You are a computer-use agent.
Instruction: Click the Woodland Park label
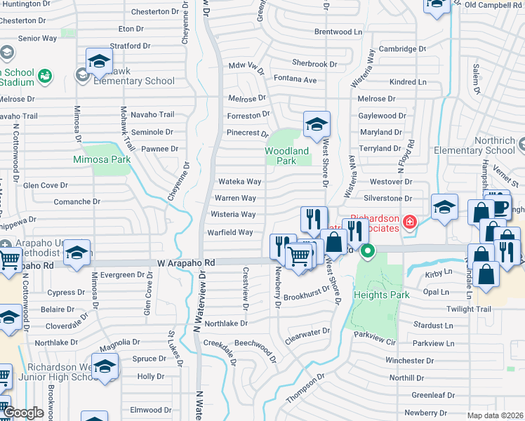[x=286, y=155]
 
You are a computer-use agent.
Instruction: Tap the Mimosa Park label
[x=102, y=159]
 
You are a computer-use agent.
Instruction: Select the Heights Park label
[x=382, y=295]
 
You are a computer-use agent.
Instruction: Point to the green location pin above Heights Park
[x=366, y=250]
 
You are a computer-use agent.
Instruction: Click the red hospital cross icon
[x=408, y=225]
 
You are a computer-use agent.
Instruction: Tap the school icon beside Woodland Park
[x=317, y=125]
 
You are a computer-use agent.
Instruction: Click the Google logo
[x=23, y=413]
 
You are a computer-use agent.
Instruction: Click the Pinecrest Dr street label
[x=247, y=133]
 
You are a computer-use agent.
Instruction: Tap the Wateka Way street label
[x=239, y=181]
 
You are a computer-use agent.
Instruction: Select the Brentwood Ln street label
[x=338, y=32]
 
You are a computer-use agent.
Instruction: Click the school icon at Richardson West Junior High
[x=105, y=367]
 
